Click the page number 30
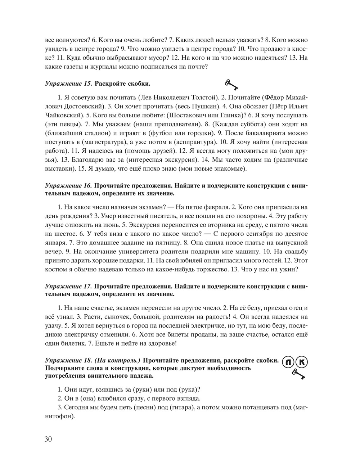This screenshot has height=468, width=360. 49,439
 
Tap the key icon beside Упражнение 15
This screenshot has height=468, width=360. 232,84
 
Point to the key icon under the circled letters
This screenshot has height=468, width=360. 298,374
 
